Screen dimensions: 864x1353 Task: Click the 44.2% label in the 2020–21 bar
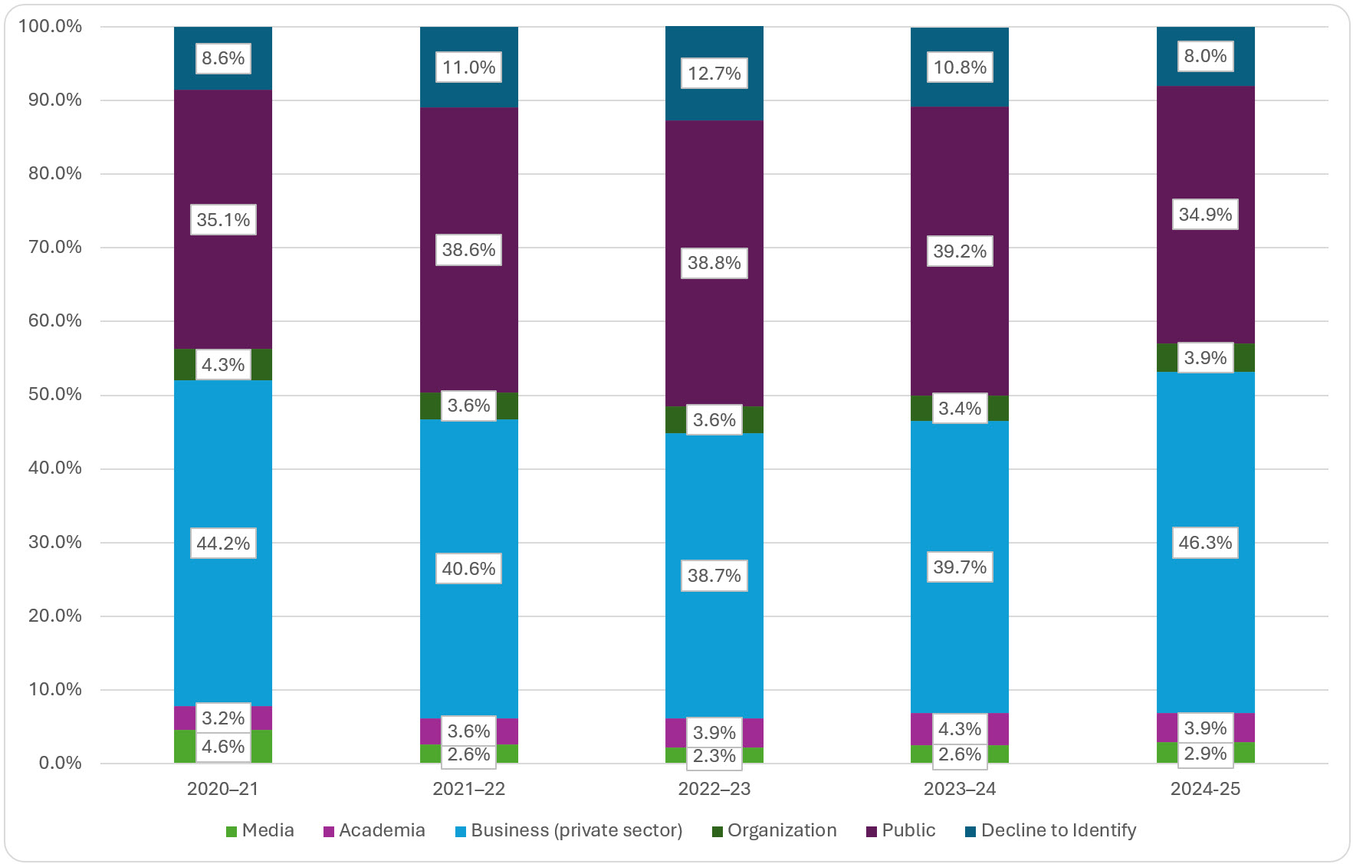[223, 544]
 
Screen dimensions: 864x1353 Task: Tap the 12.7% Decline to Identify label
[714, 74]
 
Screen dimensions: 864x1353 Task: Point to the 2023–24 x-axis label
[959, 789]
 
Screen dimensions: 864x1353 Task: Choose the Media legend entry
[260, 830]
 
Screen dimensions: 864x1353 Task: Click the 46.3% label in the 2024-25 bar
[1205, 543]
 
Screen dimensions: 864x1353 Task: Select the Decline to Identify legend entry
[1050, 830]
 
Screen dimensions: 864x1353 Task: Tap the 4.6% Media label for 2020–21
[223, 746]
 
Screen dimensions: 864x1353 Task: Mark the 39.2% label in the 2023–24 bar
[959, 251]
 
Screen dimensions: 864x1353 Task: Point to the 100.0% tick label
[51, 26]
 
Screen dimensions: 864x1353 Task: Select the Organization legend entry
[774, 830]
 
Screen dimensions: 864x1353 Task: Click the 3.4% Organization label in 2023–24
[959, 409]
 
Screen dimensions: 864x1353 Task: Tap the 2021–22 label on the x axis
[468, 789]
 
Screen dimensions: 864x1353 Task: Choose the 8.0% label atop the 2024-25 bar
[1205, 56]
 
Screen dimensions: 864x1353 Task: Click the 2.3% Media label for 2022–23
[714, 756]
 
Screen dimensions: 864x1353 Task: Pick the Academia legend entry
[374, 830]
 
